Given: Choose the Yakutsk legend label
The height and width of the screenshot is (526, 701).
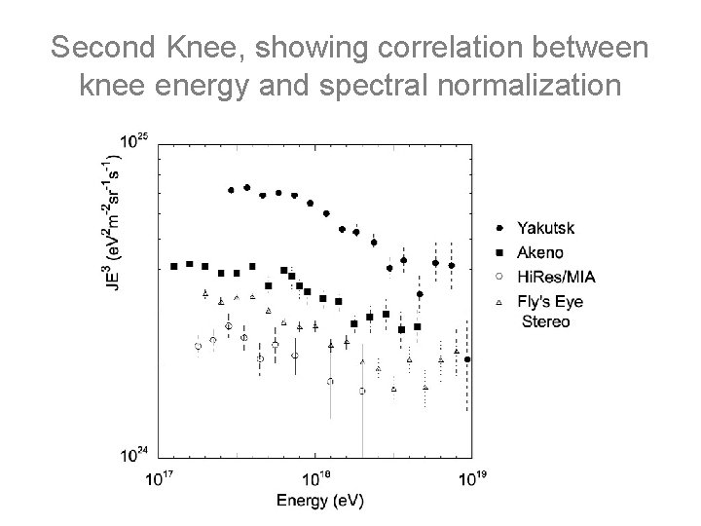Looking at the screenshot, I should (545, 228).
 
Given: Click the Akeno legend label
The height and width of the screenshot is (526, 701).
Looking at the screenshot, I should (540, 253).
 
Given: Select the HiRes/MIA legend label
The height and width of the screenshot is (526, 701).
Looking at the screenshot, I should (556, 278).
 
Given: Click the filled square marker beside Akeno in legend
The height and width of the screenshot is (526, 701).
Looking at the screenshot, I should (499, 253).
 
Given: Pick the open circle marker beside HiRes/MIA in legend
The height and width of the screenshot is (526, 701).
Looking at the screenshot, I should (499, 278).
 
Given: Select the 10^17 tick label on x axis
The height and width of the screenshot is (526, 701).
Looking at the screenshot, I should (160, 478).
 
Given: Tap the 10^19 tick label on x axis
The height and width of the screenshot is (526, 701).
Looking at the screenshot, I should (471, 478).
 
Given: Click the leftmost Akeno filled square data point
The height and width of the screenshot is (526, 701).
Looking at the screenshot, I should (173, 265).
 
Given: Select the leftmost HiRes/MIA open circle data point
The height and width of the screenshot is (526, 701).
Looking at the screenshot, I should (198, 346).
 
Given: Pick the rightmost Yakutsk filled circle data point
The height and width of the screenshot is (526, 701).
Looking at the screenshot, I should (467, 359).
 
